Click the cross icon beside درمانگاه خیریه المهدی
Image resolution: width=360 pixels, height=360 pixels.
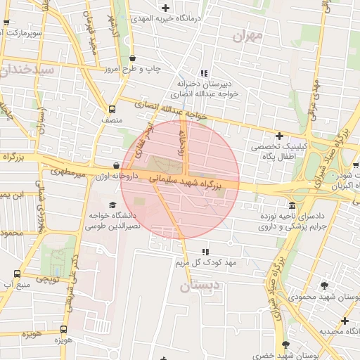(165, 8)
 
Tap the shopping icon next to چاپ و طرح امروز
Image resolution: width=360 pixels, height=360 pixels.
(133, 58)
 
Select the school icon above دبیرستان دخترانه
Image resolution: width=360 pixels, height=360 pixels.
(205, 72)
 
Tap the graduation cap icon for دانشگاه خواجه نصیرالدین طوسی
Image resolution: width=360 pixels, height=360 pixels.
(112, 205)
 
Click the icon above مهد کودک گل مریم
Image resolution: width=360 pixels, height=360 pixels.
(205, 251)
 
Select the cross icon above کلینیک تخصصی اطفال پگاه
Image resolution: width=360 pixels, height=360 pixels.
(280, 135)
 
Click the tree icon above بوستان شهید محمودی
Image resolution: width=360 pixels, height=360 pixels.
(324, 285)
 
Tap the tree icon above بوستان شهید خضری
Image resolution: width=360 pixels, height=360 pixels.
(285, 345)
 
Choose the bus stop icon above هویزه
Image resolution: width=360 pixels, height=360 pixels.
(64, 329)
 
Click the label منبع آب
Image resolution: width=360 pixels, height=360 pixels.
(18, 285)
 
